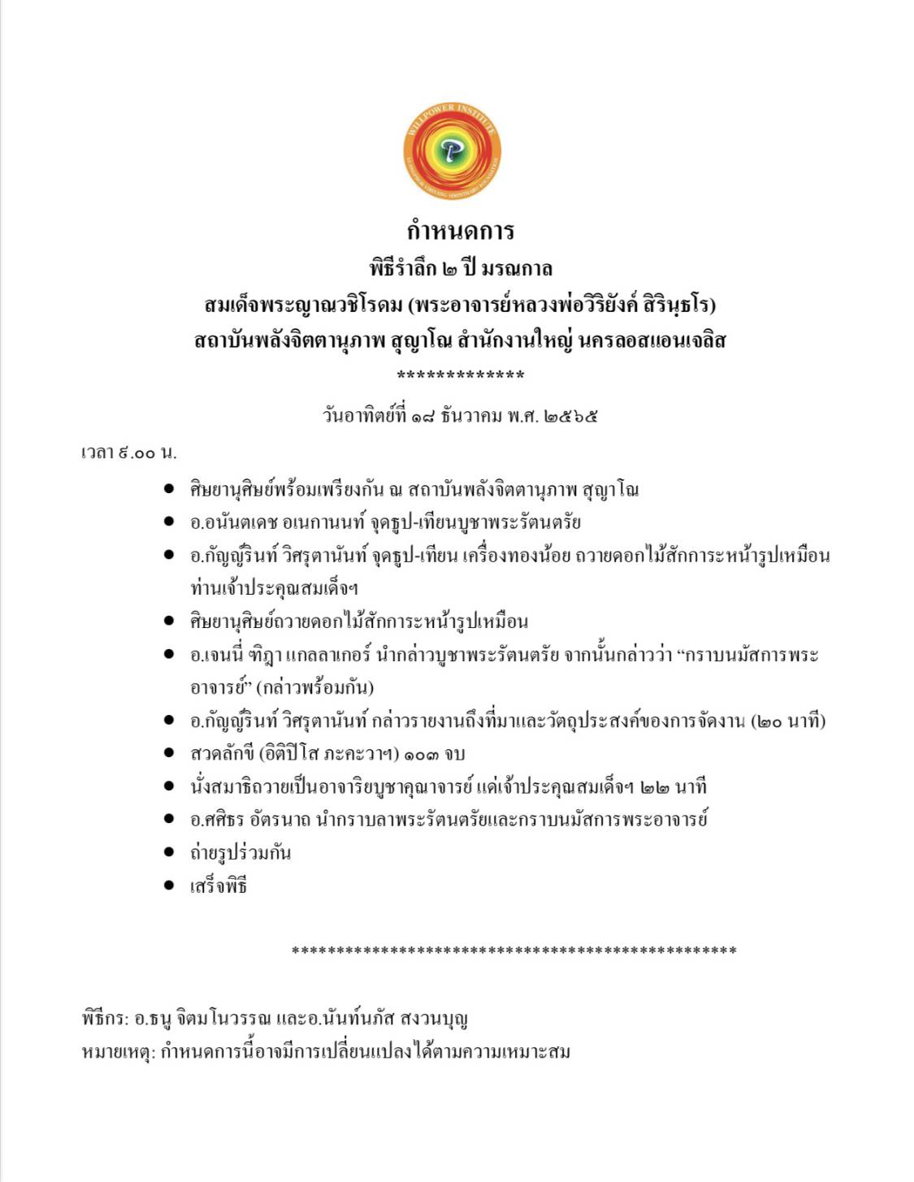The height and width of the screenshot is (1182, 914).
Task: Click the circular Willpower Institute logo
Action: [x=452, y=151]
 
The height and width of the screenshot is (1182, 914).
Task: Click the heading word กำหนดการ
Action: [x=460, y=231]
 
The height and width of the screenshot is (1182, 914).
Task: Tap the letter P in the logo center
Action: [x=452, y=151]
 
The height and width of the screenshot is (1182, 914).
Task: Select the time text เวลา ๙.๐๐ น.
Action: [x=129, y=452]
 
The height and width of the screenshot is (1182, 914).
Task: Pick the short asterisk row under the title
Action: [x=460, y=375]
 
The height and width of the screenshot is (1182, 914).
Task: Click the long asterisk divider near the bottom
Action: [x=513, y=950]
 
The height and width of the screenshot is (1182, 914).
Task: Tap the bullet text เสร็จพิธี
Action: [x=219, y=885]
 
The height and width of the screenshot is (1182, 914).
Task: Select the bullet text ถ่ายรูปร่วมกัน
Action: [x=240, y=852]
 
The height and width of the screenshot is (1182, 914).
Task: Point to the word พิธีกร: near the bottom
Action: [x=105, y=1019]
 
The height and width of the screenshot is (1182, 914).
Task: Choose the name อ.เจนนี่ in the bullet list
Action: [x=217, y=655]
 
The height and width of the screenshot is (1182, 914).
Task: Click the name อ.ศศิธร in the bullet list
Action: [x=218, y=819]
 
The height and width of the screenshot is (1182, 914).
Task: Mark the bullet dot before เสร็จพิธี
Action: [x=169, y=885]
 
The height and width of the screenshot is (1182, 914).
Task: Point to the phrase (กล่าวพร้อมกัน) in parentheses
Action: [x=315, y=687]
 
